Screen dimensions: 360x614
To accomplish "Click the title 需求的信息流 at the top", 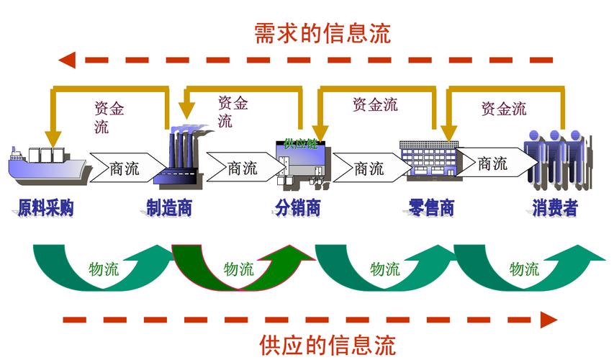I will tap(322, 33).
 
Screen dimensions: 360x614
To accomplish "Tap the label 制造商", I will tap(169, 209).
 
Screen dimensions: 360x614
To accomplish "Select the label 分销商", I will tap(297, 209).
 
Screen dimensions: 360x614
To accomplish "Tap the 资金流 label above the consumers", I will tap(504, 109).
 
